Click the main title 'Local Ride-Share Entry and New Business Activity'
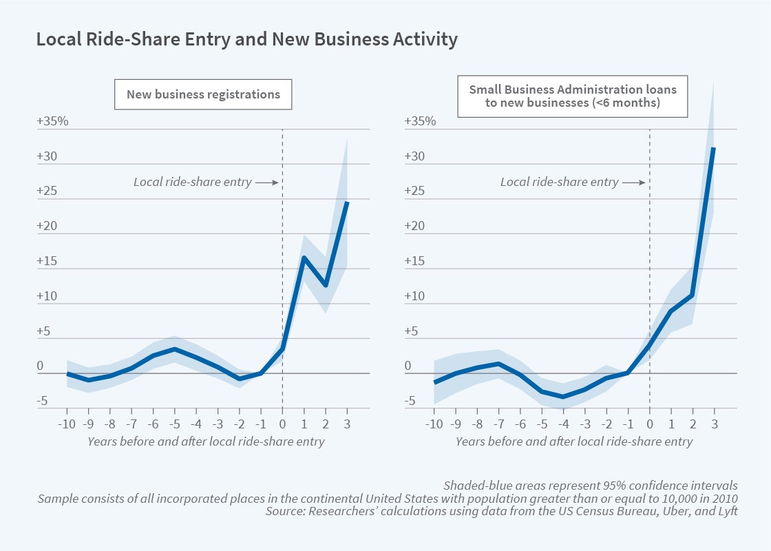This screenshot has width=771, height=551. pos(246,40)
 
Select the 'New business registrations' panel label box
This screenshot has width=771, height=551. pos(203,94)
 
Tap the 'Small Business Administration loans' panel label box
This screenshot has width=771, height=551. pos(573,96)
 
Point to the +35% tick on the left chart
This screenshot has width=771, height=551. pos(52,121)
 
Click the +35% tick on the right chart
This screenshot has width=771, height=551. pos(420,121)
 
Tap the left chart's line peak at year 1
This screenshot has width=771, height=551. pos(304,258)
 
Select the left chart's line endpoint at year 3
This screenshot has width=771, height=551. pos(346,202)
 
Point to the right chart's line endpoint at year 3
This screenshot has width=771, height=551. pos(713,148)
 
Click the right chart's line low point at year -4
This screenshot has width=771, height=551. pos(563,397)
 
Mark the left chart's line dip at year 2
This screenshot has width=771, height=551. pos(325,285)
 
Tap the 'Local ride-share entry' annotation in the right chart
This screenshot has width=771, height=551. pos(559,183)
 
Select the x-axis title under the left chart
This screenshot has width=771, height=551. pos(206,441)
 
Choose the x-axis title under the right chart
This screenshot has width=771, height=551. pos(573,441)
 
